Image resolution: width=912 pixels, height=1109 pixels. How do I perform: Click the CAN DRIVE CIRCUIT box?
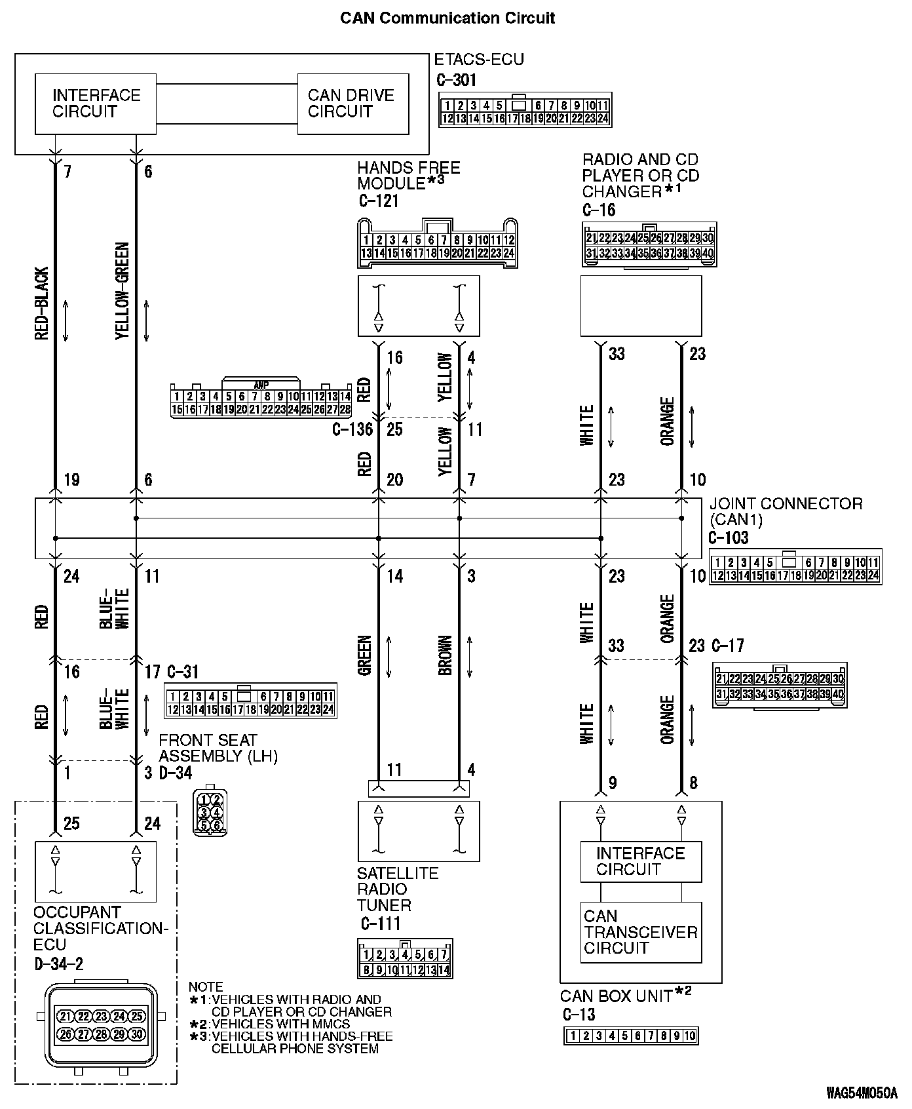pyautogui.click(x=352, y=104)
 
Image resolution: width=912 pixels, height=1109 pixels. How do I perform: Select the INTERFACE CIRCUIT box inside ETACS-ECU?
pyautogui.click(x=96, y=104)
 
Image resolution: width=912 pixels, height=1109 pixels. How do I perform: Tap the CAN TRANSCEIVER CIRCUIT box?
pyautogui.click(x=640, y=931)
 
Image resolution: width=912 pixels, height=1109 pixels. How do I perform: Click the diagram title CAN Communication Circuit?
pyautogui.click(x=447, y=18)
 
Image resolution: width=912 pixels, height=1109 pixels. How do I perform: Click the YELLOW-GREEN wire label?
pyautogui.click(x=123, y=291)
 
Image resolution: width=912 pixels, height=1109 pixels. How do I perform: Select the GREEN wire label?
pyautogui.click(x=365, y=655)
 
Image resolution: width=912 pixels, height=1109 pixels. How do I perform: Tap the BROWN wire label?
pyautogui.click(x=446, y=655)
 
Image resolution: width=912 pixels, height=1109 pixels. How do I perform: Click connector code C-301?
pyautogui.click(x=457, y=80)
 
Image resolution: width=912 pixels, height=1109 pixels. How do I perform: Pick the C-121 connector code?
pyautogui.click(x=379, y=201)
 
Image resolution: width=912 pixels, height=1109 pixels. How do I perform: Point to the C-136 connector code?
pyautogui.click(x=352, y=429)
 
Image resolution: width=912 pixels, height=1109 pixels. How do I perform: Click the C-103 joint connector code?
pyautogui.click(x=728, y=537)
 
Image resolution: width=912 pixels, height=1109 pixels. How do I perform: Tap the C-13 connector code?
pyautogui.click(x=579, y=1015)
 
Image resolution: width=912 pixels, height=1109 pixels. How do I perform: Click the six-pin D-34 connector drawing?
pyautogui.click(x=210, y=811)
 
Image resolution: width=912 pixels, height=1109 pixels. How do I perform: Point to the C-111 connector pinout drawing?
pyautogui.click(x=405, y=958)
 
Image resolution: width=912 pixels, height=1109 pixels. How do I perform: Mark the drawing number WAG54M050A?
pyautogui.click(x=861, y=1093)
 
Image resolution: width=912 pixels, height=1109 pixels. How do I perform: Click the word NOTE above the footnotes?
pyautogui.click(x=206, y=986)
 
